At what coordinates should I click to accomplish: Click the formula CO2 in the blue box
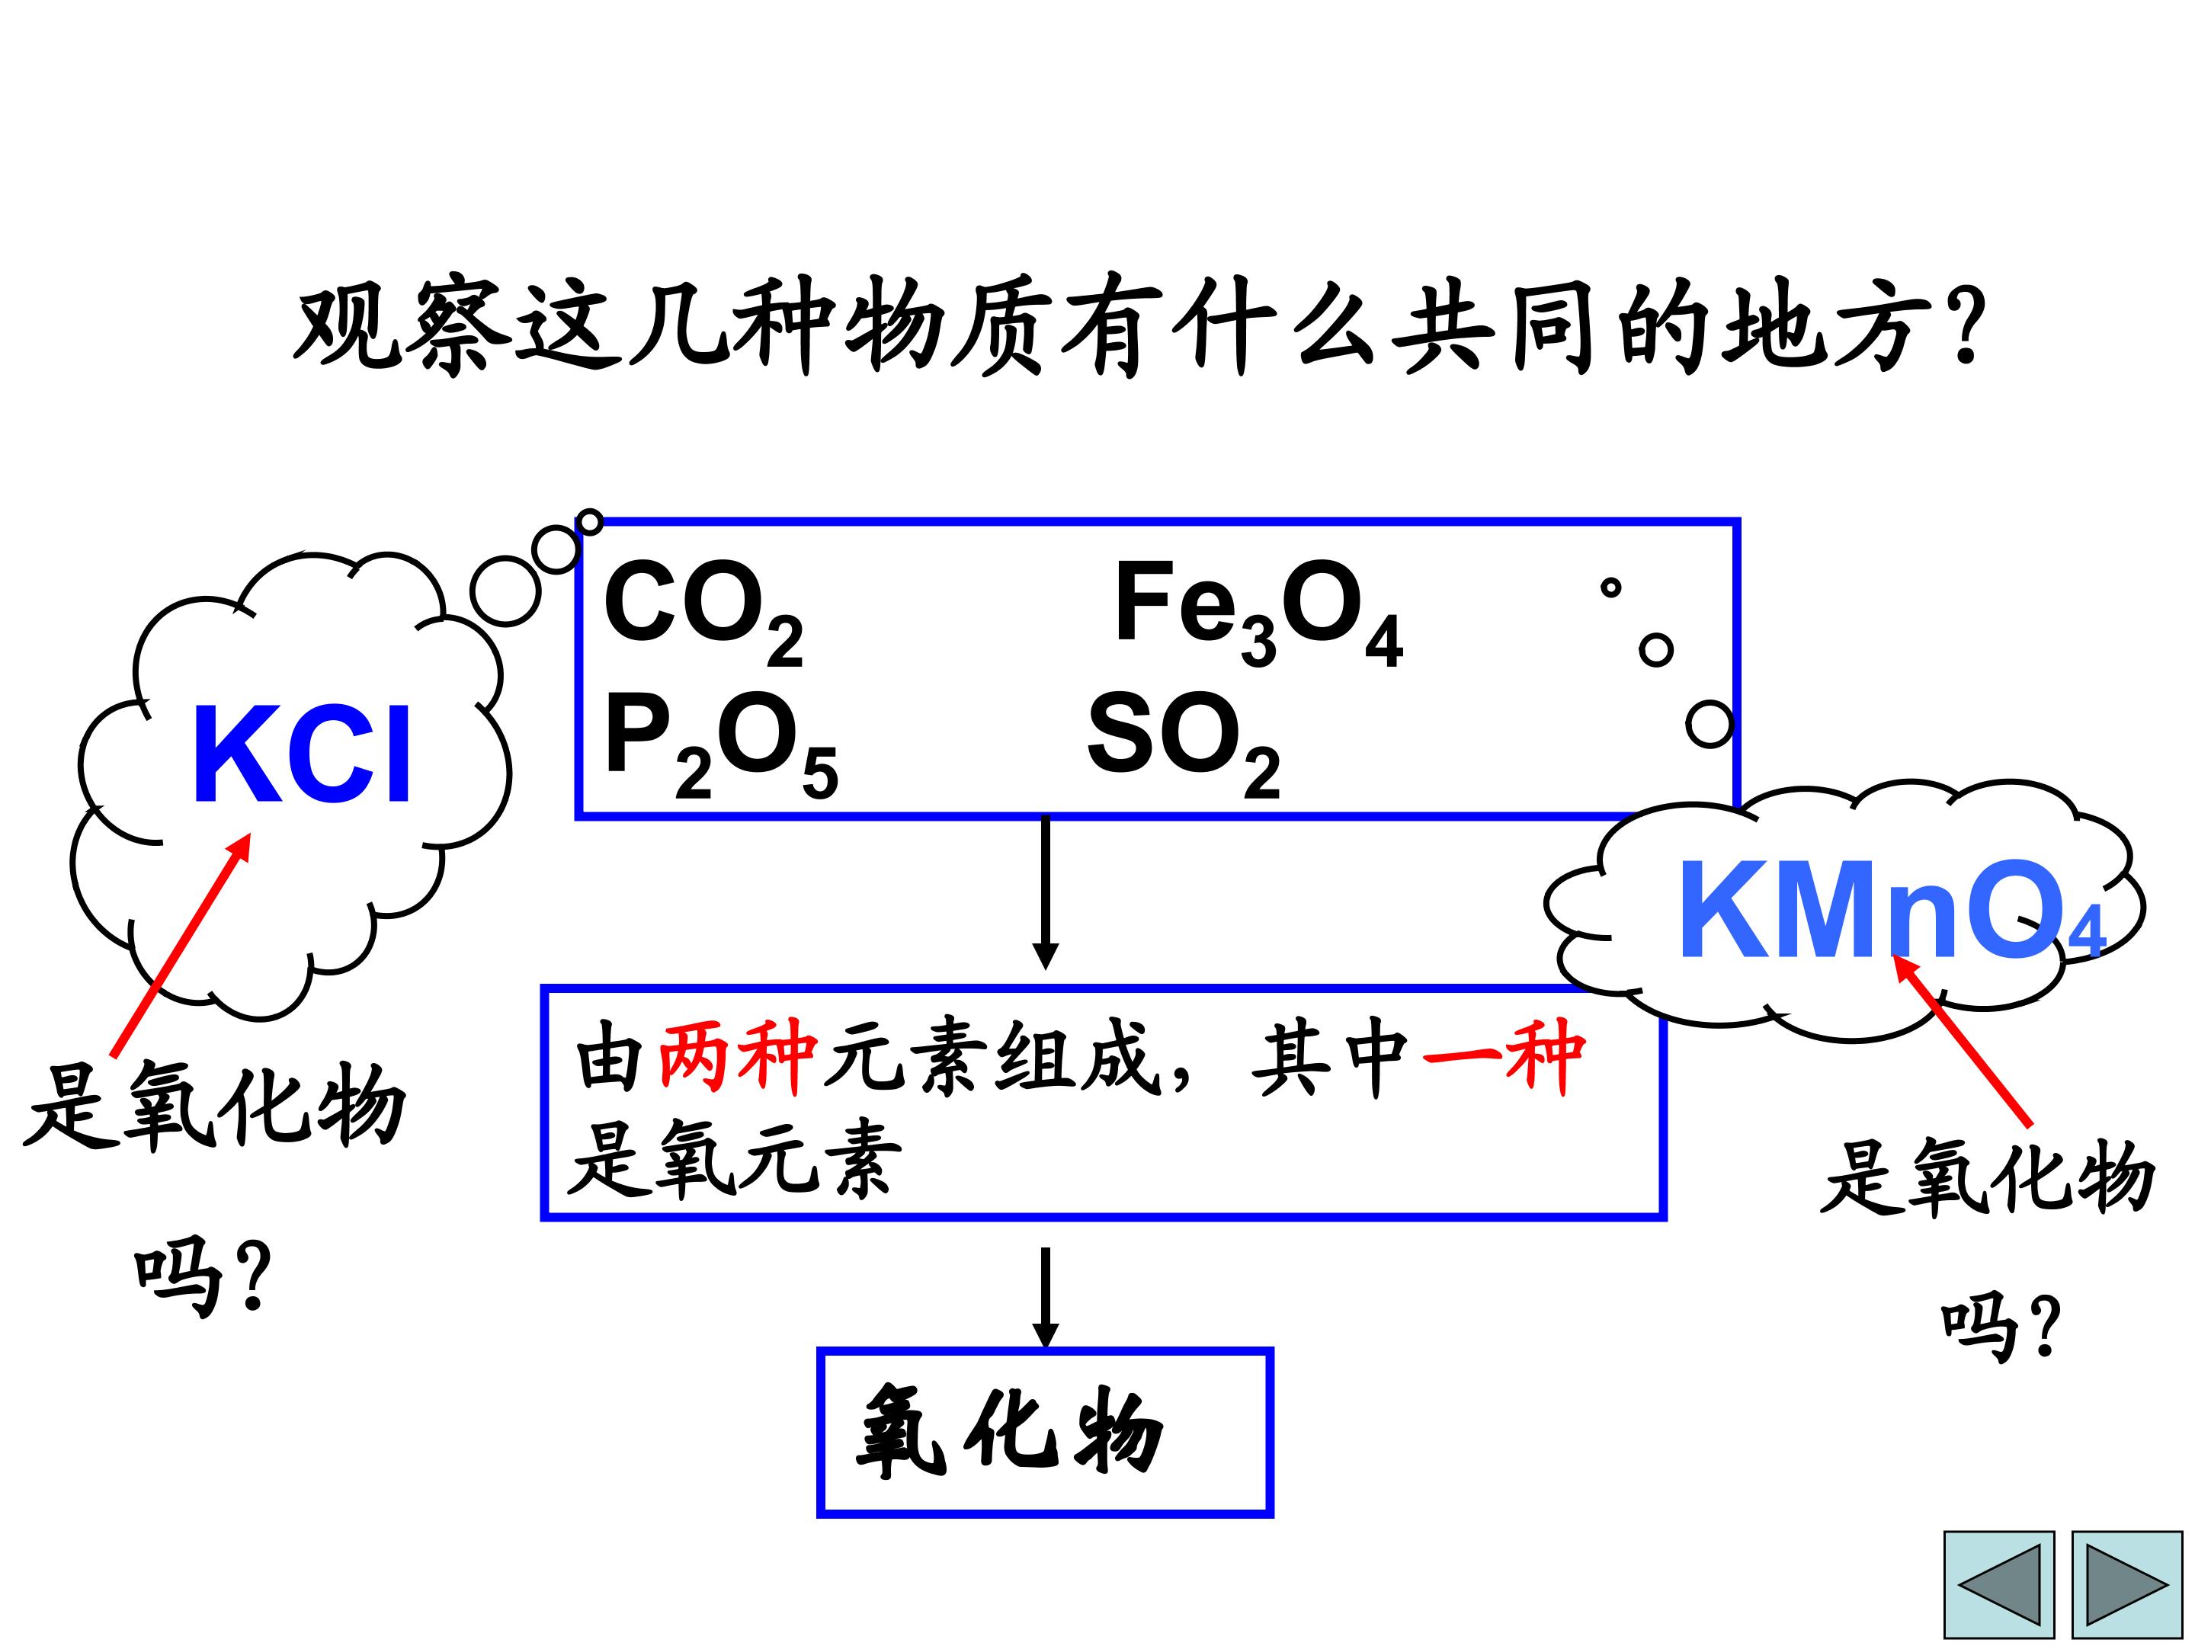pos(703,611)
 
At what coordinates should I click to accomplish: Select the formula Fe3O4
pos(1259,611)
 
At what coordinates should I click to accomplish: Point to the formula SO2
pos(1184,744)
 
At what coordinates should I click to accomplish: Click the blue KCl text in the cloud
pos(302,755)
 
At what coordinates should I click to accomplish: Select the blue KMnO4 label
pos(1890,911)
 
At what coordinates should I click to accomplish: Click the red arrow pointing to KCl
pos(181,943)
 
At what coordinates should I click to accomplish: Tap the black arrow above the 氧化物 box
pos(1045,1298)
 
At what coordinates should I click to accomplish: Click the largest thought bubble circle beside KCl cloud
pos(505,591)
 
